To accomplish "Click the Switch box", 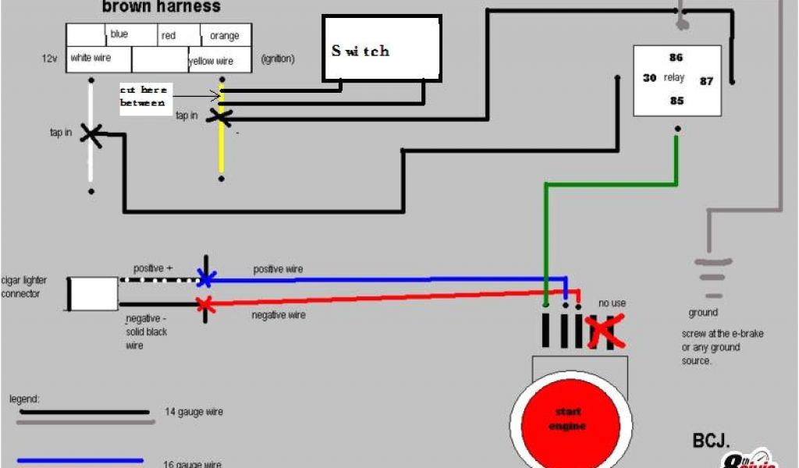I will coord(381,49).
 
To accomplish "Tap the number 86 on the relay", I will coord(676,58).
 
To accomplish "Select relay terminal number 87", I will coord(706,80).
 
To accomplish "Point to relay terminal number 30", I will coord(649,78).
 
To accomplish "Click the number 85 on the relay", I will coord(676,101).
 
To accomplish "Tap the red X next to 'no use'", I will coord(604,331).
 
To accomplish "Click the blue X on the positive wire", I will coord(206,278).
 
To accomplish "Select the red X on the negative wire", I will coord(206,304).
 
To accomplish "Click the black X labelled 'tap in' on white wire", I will coord(92,135).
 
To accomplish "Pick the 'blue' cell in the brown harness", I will coord(119,34).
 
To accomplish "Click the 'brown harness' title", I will coord(162,8).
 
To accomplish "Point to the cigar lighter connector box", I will coord(93,292).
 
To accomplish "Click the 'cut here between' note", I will coord(143,97).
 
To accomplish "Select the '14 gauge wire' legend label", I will coord(194,411).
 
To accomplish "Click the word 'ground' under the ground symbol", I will coord(703,313).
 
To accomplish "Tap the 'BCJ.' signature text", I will coord(711,441).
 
